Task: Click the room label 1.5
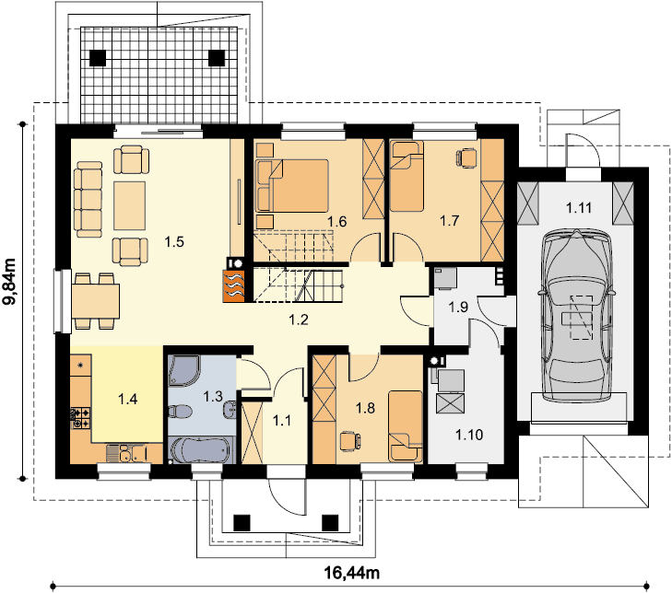click(x=174, y=242)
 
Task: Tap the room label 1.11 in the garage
click(x=579, y=208)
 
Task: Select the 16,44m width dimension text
click(x=351, y=572)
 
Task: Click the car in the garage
click(x=576, y=316)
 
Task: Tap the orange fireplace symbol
click(x=233, y=286)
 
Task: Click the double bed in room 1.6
click(x=292, y=186)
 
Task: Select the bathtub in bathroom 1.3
click(x=202, y=450)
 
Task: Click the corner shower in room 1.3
click(x=183, y=370)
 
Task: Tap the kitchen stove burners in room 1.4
click(x=81, y=418)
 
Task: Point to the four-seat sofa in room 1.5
click(x=88, y=199)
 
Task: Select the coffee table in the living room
click(x=129, y=205)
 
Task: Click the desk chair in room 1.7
click(x=466, y=157)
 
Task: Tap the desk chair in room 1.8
click(x=350, y=442)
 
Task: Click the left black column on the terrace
click(x=98, y=58)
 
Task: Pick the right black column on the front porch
click(x=330, y=522)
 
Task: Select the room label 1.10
click(x=469, y=435)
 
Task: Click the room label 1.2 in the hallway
click(x=299, y=320)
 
